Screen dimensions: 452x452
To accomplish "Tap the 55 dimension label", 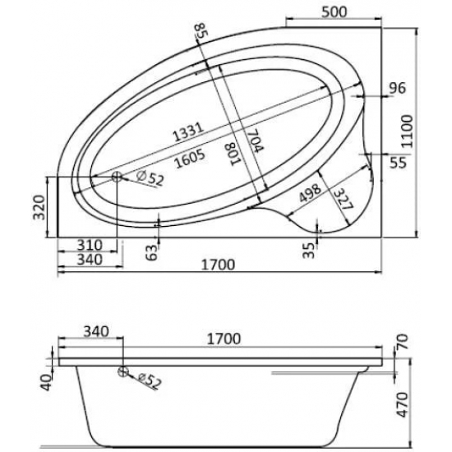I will pyautogui.click(x=398, y=162).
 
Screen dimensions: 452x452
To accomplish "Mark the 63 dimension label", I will pyautogui.click(x=150, y=253).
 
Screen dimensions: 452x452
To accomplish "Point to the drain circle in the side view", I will pyautogui.click(x=123, y=372).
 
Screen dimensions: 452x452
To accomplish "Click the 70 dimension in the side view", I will pyautogui.click(x=402, y=342).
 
